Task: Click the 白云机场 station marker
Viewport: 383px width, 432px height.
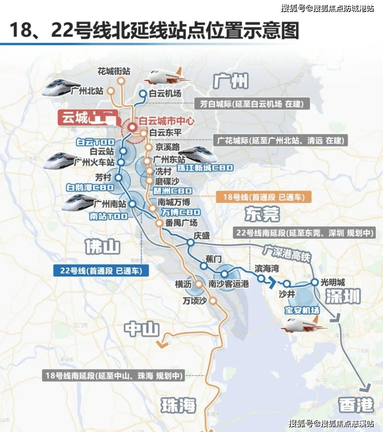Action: point(143,93)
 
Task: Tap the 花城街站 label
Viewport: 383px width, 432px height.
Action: point(114,71)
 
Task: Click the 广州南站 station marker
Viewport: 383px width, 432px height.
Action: point(132,204)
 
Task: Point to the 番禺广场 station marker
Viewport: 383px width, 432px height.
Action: point(159,223)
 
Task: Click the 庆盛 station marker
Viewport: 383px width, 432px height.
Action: point(190,242)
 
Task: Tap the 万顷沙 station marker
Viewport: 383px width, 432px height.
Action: point(213,301)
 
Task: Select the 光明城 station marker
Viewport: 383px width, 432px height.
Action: point(315,282)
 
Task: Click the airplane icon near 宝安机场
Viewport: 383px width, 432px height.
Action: point(300,324)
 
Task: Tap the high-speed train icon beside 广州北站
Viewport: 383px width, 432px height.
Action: point(56,88)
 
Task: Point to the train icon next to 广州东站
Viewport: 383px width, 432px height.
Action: point(198,155)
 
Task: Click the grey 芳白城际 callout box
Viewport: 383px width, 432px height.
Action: point(251,104)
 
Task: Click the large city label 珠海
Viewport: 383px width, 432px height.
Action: point(178,405)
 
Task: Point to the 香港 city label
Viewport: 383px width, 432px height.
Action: point(356,404)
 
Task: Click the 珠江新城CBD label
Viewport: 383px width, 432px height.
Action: point(205,168)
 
